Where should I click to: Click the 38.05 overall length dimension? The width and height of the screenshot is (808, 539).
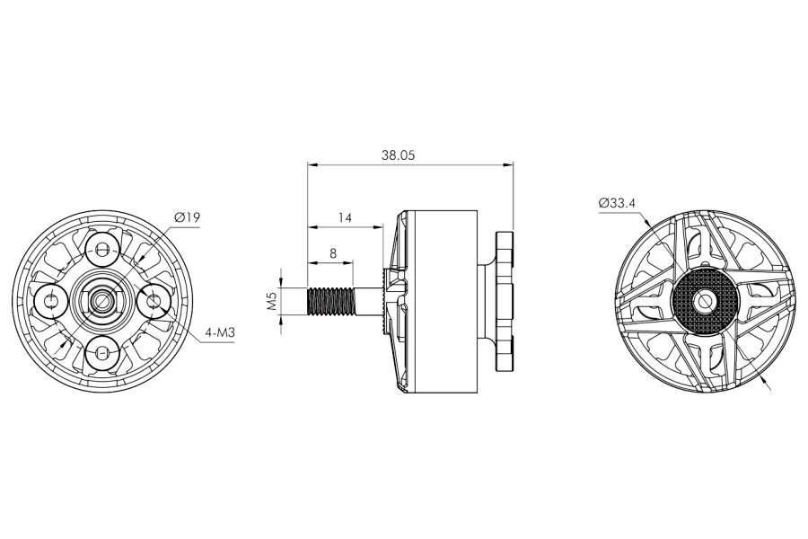398,155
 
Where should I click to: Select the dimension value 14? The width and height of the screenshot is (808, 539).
345,217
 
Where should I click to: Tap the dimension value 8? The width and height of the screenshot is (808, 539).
333,254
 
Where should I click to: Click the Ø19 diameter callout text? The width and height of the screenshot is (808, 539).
188,217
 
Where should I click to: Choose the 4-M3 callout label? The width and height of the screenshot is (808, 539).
220,333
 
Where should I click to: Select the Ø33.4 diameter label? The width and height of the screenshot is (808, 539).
617,203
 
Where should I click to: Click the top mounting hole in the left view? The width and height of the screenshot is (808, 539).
103,248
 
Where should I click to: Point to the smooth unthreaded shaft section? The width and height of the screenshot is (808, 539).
368,301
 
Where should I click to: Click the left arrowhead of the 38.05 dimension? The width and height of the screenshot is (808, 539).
312,165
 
